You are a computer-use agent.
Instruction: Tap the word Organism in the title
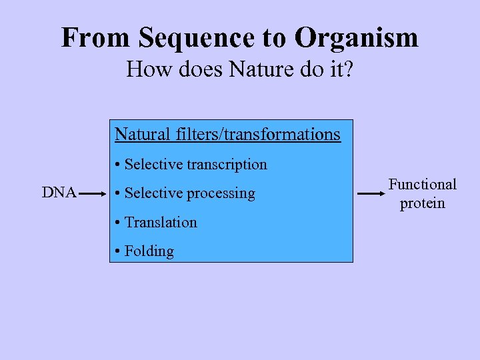pos(357,38)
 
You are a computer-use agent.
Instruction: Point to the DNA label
pos(59,193)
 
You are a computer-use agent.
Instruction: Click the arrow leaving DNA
pos(94,193)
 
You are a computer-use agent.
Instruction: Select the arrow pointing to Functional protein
pos(371,193)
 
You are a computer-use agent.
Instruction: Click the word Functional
pos(423,184)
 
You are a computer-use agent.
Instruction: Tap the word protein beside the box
pos(423,203)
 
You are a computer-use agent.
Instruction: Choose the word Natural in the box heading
pos(143,134)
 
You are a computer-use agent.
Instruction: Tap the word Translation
pos(161,222)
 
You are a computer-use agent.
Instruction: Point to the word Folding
pos(149,251)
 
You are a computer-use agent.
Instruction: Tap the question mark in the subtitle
pos(348,69)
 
